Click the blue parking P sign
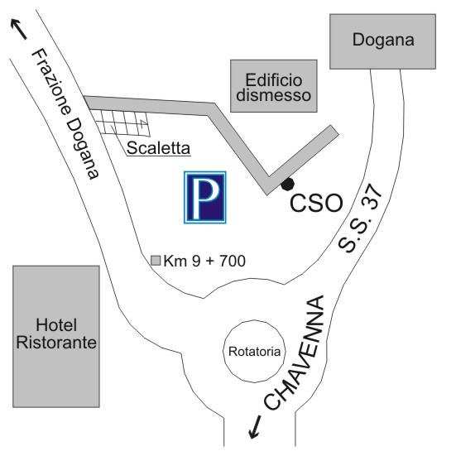point(205,197)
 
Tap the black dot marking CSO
point(288,184)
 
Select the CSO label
point(316,203)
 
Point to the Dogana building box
point(382,41)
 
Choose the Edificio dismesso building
point(274,86)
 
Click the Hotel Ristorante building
point(56,336)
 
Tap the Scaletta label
point(159,148)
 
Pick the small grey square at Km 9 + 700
point(156,261)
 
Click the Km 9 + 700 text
point(204,261)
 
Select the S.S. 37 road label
point(360,218)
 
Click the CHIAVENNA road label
point(295,353)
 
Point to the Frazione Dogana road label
point(66,113)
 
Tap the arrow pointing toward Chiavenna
point(255,427)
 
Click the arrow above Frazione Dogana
point(18,29)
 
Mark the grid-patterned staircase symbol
point(121,122)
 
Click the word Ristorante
point(56,343)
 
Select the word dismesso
point(274,95)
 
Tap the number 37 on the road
point(371,196)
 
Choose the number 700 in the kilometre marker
point(233,261)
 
